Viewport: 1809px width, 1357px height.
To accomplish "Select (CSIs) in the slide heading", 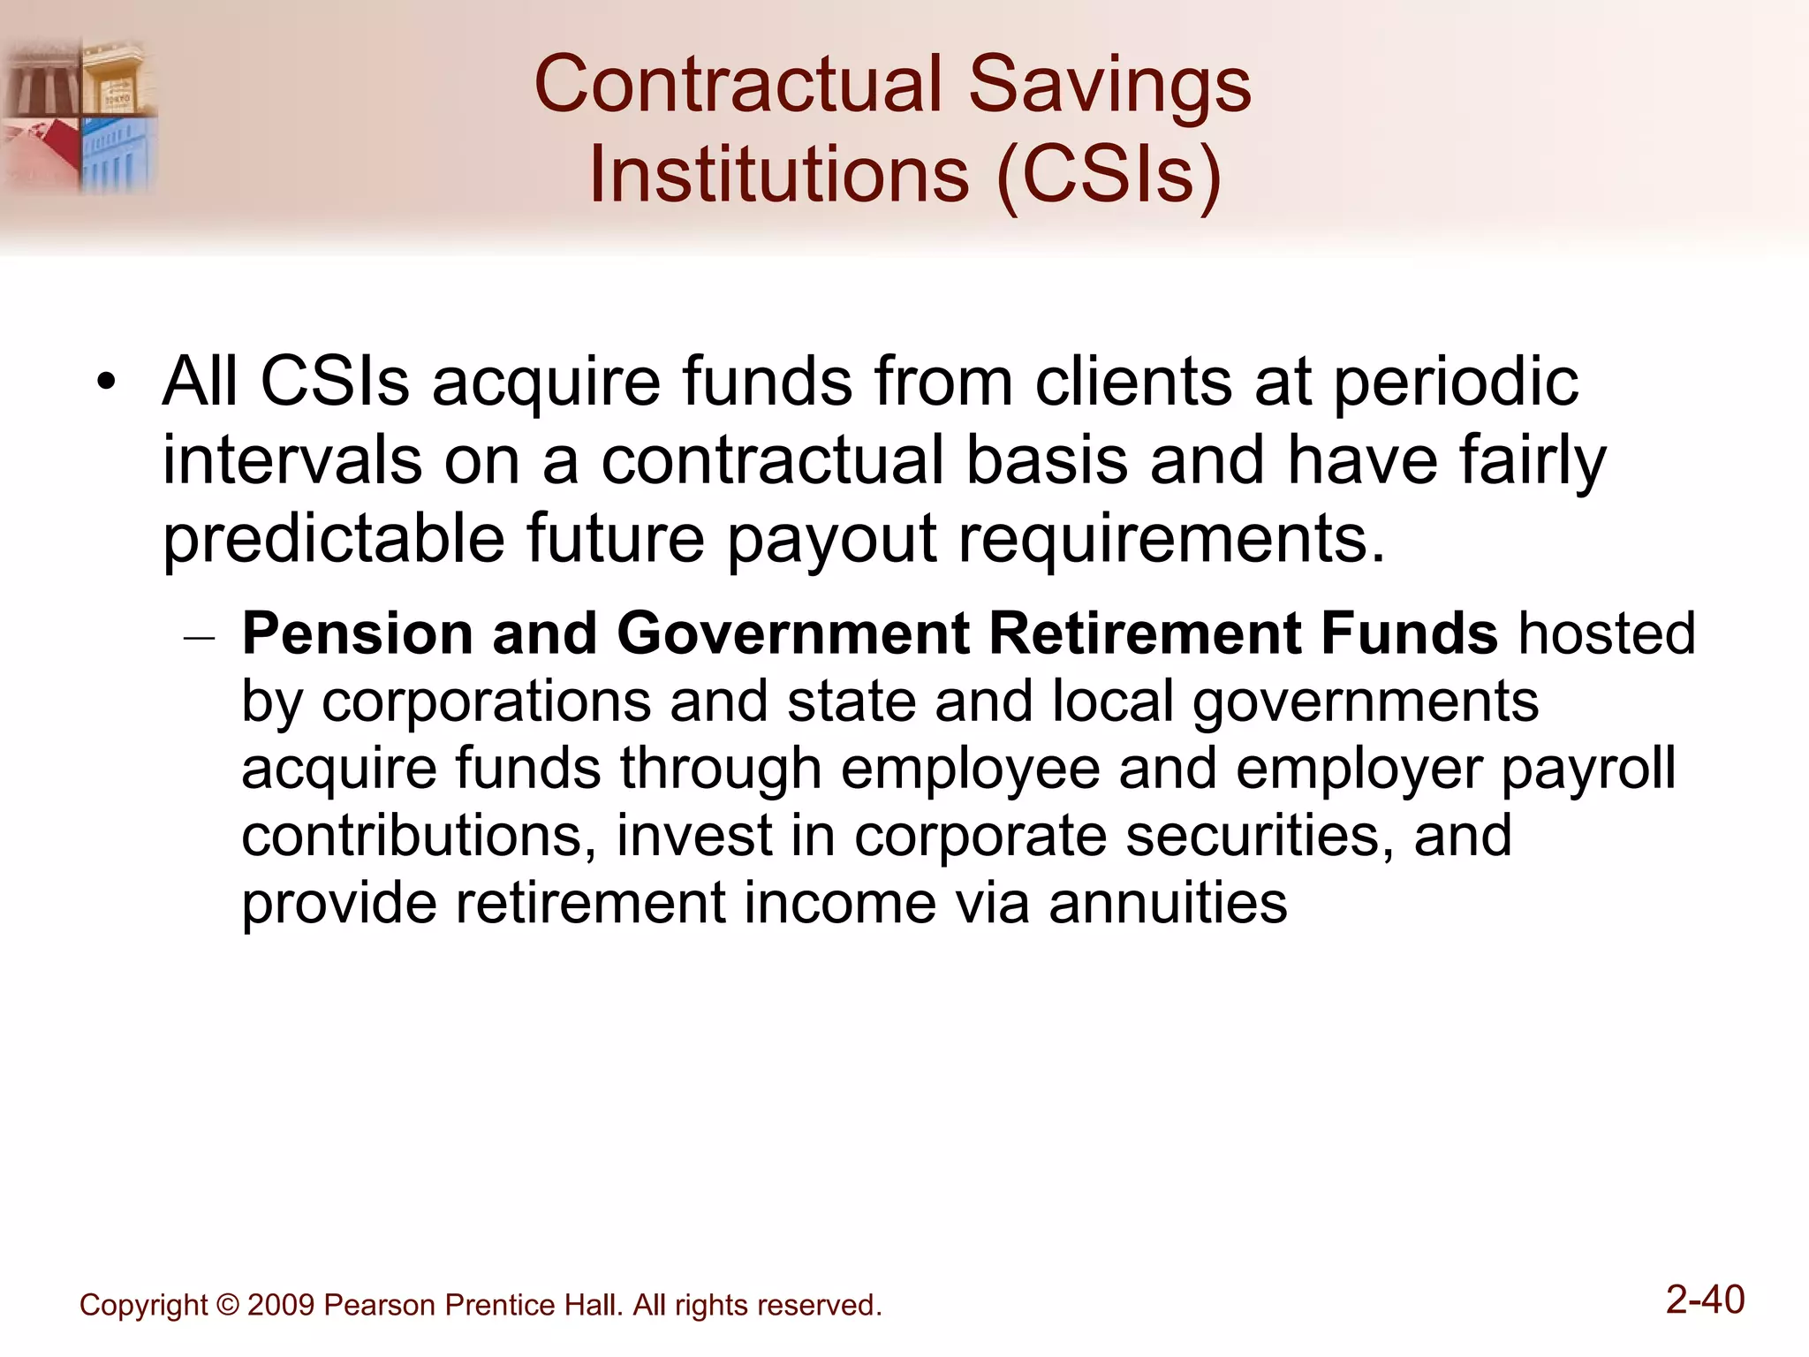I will coord(1109,174).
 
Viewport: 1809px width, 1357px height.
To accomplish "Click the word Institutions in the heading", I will coord(779,174).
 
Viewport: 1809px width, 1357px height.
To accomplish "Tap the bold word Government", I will coord(792,634).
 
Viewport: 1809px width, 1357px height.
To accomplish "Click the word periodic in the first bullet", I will coord(1455,383).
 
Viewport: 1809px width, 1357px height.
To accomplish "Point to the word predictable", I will coord(333,539).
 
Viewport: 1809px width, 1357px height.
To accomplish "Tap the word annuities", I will coord(1168,904).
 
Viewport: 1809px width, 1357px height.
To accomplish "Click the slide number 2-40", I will coord(1704,1300).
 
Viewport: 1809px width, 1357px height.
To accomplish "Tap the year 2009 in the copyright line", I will coord(281,1306).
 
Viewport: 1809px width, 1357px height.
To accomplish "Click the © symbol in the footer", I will coord(228,1306).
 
